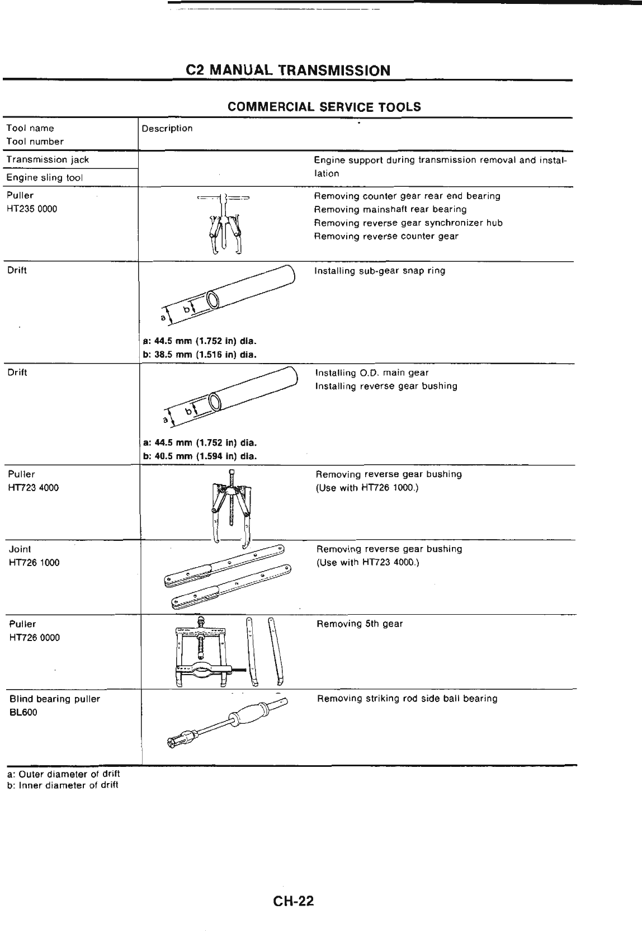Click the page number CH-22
[294, 901]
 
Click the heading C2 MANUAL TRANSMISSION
[287, 70]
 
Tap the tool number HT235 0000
[32, 209]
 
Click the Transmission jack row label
[48, 159]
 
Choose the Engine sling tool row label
[45, 178]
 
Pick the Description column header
[167, 129]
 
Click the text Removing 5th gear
[360, 624]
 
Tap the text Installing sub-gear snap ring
[380, 271]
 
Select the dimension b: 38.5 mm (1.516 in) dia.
[199, 354]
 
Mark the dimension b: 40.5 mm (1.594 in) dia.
[199, 456]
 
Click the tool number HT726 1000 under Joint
[34, 563]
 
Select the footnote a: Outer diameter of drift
[63, 774]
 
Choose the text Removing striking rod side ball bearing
[407, 699]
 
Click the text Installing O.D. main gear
[372, 373]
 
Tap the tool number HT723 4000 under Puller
[34, 488]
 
